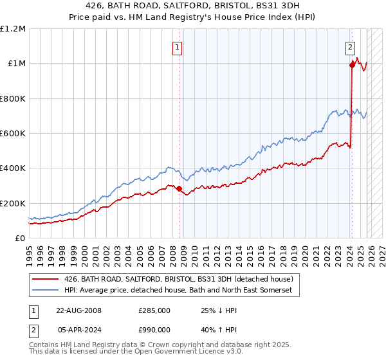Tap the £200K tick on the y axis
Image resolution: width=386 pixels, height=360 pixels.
[14, 203]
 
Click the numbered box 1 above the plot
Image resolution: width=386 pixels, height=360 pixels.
[176, 46]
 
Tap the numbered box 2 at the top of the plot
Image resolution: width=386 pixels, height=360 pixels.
[350, 46]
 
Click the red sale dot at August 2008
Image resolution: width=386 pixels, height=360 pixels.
[179, 189]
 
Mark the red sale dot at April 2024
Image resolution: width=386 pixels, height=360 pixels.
[353, 65]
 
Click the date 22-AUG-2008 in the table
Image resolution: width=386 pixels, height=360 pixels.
[78, 310]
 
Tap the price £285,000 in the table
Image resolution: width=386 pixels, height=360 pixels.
[154, 310]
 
